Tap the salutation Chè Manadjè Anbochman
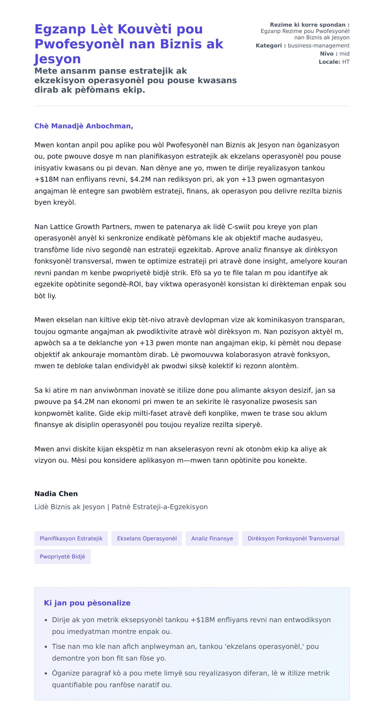pos(84,126)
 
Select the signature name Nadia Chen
pos(56,493)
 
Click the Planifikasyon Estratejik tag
pos(71,538)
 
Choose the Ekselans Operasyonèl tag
pos(147,538)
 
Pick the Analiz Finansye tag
pos(212,538)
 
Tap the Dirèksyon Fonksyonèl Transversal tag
pos(293,538)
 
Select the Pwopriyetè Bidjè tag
pos(62,557)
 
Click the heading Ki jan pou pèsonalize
pos(87,603)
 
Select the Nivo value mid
pos(344,54)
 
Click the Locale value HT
pos(346,62)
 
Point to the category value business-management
pos(318,46)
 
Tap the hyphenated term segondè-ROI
pos(123,284)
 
